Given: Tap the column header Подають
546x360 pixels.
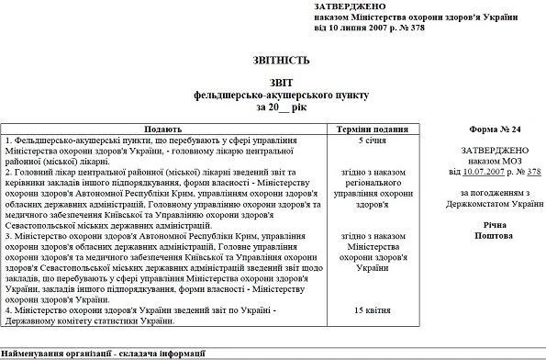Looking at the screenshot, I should [x=168, y=130].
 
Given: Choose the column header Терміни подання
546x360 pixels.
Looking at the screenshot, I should [x=373, y=130].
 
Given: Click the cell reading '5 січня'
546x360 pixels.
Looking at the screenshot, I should [x=372, y=141].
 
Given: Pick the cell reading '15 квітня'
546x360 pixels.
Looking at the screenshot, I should [x=372, y=310].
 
